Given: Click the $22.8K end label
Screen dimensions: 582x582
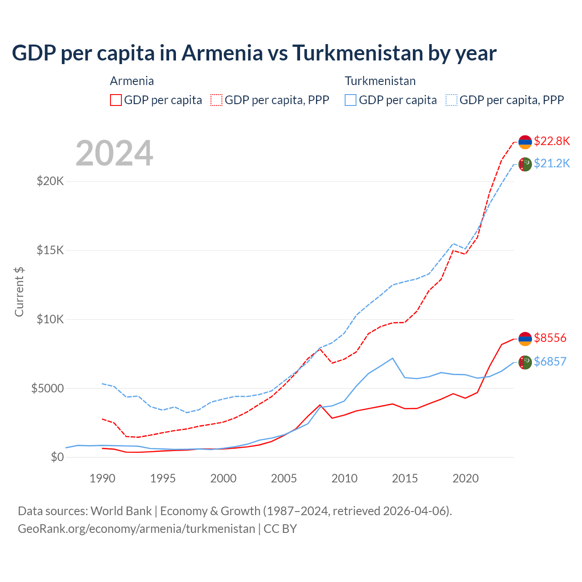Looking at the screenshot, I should [552, 141].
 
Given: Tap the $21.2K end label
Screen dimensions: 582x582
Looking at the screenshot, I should [552, 163].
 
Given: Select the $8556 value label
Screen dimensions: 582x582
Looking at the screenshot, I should [550, 338].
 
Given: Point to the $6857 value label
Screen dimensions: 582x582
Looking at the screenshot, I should [550, 361].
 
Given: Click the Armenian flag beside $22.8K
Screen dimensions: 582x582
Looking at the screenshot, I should [525, 142].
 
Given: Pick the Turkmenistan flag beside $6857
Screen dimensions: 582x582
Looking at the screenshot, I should [525, 362].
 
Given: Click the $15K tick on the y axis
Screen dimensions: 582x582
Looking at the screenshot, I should [50, 250].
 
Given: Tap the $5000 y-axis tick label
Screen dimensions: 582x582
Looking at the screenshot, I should [47, 388].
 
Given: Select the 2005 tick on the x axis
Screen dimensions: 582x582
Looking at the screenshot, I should [284, 478].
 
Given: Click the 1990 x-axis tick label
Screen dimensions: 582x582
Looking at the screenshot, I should [102, 478].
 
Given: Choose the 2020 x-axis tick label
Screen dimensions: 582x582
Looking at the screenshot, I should [466, 478].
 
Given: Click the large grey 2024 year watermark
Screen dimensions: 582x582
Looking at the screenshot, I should [114, 153].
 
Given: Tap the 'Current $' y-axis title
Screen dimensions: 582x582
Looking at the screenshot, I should [19, 291].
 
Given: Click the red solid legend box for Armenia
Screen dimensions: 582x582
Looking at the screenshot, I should [116, 100].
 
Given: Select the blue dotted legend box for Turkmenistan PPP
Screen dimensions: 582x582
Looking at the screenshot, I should [452, 100].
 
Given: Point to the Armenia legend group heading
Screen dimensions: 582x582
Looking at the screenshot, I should [132, 81].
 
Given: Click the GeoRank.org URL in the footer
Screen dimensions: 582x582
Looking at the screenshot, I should [136, 529].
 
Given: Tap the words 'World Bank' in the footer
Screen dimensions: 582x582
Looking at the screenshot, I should [121, 511].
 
